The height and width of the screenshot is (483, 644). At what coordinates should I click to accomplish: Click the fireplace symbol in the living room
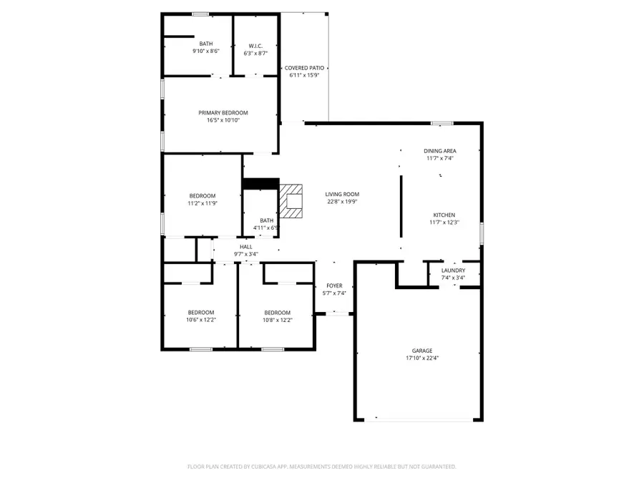291,201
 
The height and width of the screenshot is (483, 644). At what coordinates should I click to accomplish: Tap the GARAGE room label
422,351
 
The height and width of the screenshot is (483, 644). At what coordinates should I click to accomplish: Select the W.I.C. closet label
255,44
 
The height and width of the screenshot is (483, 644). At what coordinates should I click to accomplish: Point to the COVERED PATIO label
304,67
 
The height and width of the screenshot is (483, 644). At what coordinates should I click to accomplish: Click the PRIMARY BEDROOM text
223,112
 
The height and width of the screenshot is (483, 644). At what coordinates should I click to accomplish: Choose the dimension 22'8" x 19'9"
342,202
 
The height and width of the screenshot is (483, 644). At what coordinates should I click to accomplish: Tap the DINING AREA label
440,151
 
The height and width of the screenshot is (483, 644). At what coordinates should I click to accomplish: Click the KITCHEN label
444,215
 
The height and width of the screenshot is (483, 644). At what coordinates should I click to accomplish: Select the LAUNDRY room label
453,270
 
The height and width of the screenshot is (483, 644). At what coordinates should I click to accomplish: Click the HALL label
245,247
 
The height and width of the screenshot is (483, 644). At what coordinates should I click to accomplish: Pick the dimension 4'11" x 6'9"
266,228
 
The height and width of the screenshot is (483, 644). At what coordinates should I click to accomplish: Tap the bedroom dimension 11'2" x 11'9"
202,203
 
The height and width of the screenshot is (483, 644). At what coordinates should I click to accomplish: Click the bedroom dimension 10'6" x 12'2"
201,320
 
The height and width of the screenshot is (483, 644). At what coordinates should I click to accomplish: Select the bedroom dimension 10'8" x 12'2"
277,320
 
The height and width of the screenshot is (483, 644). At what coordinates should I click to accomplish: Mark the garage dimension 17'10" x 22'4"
422,358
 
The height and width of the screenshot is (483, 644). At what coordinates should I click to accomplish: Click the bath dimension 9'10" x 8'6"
206,52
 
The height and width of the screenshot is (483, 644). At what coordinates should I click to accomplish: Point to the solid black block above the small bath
260,184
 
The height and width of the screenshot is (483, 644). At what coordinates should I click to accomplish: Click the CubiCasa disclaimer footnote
321,467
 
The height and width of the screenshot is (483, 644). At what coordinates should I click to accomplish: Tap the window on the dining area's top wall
441,123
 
